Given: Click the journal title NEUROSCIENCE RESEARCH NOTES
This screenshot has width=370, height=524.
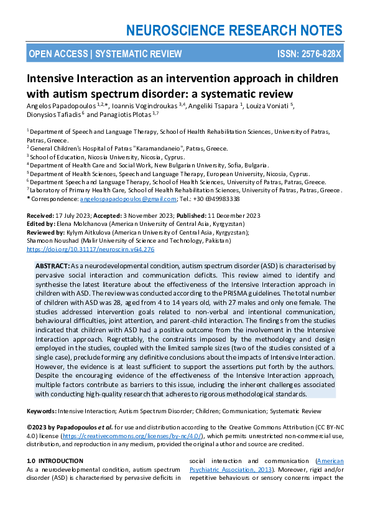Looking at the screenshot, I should (234, 30).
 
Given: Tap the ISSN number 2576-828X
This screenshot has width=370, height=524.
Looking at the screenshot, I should (319, 54).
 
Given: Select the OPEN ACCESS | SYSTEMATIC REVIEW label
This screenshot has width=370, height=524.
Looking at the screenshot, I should (105, 54).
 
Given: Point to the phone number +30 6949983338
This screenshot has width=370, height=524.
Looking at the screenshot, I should (218, 199).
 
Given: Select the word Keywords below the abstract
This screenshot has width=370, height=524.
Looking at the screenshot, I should (42, 411).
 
